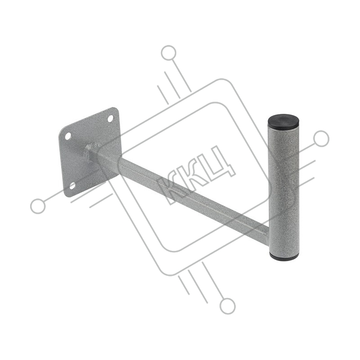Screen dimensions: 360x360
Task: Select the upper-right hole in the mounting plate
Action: coord(110,119)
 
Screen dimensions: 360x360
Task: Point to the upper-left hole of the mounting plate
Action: coord(68,136)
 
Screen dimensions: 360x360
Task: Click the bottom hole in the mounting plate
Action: coord(72,186)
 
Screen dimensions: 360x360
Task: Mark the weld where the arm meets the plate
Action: coord(92,150)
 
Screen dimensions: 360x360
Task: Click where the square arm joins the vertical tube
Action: coord(267,232)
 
